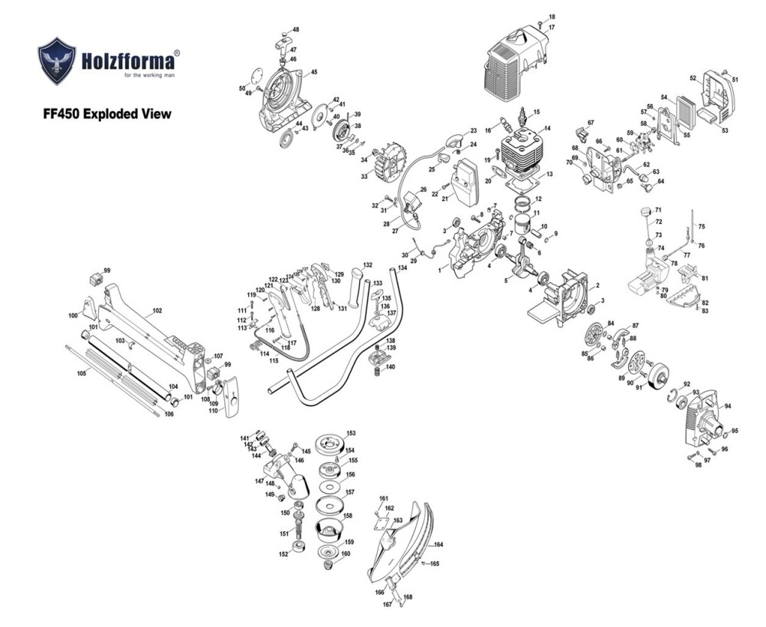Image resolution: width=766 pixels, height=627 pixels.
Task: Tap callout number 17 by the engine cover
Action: coord(552,28)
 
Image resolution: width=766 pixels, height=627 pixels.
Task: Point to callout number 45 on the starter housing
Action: coord(313,73)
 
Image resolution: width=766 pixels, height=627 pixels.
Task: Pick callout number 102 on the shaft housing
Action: coord(157,311)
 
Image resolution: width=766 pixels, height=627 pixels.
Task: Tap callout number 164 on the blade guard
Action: coord(439,545)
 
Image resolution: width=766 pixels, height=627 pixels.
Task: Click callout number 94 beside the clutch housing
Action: coord(727,406)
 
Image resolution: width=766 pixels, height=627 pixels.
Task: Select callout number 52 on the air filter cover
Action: coord(692,78)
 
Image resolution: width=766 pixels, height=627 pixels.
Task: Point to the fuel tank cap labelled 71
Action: coord(644,210)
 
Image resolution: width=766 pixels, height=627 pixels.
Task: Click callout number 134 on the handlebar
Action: coord(402,268)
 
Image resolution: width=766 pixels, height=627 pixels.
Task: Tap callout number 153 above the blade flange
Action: coord(351,433)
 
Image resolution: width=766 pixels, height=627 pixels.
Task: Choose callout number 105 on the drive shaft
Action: coord(82,373)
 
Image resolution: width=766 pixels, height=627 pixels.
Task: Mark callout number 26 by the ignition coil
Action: coord(423,189)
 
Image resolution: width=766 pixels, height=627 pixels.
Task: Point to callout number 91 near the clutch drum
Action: coord(640,387)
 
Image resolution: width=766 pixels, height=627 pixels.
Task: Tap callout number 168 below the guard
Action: coord(408,597)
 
